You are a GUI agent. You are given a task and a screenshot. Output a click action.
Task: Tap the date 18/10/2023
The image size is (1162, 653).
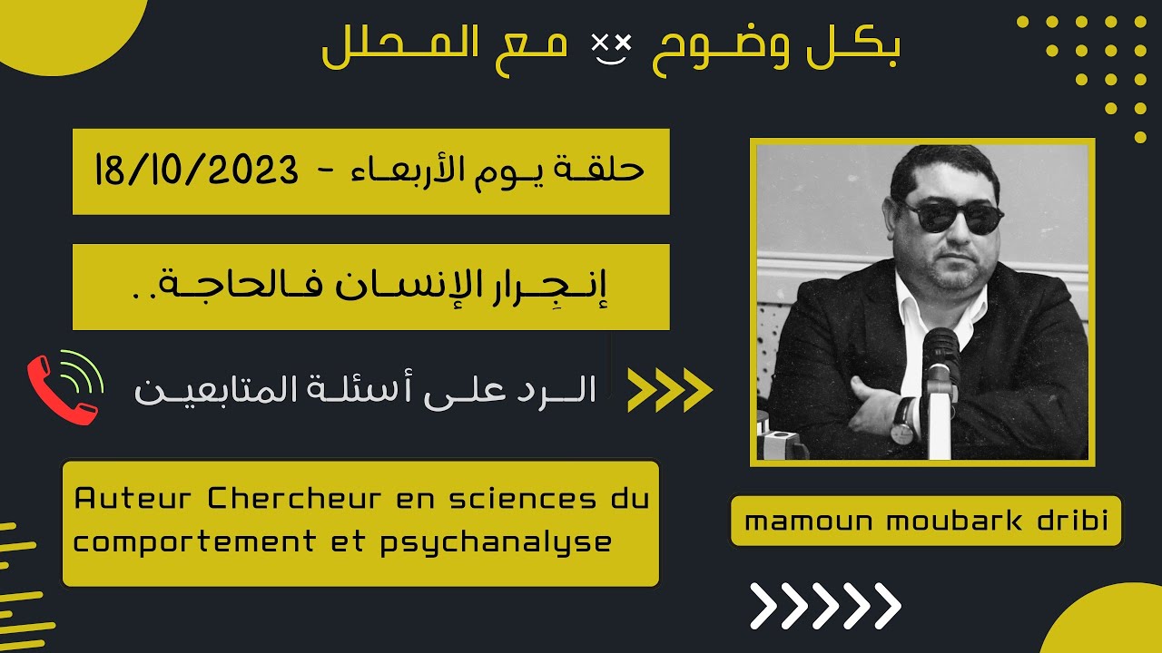click(x=196, y=171)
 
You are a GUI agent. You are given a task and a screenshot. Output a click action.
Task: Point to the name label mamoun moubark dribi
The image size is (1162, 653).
click(x=926, y=521)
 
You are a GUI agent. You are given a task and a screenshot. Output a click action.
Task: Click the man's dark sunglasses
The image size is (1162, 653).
click(x=950, y=217)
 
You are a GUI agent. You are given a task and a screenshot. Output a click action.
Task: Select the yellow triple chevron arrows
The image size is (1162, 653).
click(x=670, y=389)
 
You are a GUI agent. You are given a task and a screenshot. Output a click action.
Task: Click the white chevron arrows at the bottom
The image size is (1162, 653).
click(x=825, y=606)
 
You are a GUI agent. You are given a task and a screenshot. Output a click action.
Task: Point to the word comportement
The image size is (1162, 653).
click(x=187, y=542)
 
